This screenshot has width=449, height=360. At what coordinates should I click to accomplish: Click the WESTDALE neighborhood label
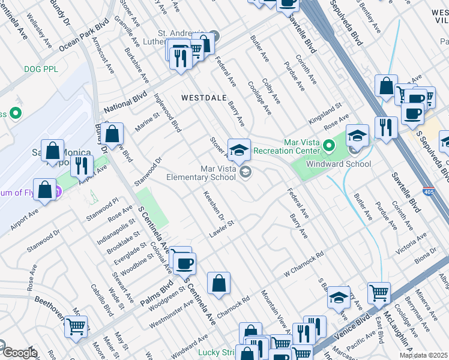click(204, 97)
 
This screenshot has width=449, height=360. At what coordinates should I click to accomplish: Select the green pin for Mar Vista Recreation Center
click(328, 145)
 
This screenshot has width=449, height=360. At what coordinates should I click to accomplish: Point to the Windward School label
click(339, 164)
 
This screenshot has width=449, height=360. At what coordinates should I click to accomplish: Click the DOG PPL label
click(41, 69)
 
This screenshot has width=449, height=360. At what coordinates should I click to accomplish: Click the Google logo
click(19, 353)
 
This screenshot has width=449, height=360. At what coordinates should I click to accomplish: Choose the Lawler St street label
click(221, 231)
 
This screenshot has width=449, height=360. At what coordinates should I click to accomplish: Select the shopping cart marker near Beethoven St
click(76, 326)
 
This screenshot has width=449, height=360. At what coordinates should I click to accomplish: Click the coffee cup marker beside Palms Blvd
click(185, 262)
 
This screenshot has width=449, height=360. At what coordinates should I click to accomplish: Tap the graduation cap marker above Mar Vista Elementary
click(239, 149)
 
